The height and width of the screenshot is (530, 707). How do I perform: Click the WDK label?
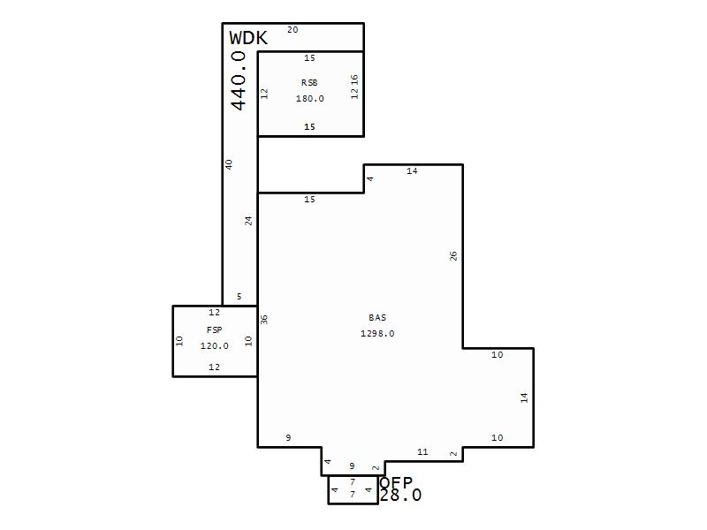pyautogui.click(x=248, y=38)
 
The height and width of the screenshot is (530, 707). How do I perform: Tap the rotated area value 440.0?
pyautogui.click(x=238, y=80)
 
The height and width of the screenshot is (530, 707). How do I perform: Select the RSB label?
pyautogui.click(x=309, y=82)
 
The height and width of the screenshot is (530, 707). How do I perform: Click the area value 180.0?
pyautogui.click(x=310, y=98)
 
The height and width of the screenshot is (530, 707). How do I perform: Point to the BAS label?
pyautogui.click(x=377, y=317)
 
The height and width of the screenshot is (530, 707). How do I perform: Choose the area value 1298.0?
pyautogui.click(x=377, y=333)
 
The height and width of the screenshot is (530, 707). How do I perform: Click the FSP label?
pyautogui.click(x=214, y=329)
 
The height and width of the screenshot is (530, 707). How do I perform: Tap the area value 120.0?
pyautogui.click(x=214, y=345)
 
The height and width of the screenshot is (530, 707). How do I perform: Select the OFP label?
pyautogui.click(x=396, y=482)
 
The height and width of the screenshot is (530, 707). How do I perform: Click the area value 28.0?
pyautogui.click(x=400, y=496)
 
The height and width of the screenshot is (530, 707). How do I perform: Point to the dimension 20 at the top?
pyautogui.click(x=293, y=30)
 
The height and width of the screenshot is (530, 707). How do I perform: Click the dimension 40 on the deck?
pyautogui.click(x=229, y=164)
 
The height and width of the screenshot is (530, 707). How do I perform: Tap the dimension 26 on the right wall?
pyautogui.click(x=453, y=256)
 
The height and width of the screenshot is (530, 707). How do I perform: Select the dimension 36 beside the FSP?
pyautogui.click(x=264, y=320)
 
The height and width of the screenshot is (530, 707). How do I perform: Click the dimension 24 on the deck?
pyautogui.click(x=248, y=221)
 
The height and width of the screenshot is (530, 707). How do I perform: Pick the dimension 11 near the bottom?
pyautogui.click(x=422, y=451)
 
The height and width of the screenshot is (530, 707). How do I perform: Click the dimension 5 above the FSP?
pyautogui.click(x=239, y=296)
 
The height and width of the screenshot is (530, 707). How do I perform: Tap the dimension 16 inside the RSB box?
pyautogui.click(x=354, y=79)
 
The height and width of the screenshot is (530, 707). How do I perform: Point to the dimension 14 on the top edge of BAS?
pyautogui.click(x=412, y=170)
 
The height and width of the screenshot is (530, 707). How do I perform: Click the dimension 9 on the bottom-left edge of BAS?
pyautogui.click(x=288, y=437)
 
